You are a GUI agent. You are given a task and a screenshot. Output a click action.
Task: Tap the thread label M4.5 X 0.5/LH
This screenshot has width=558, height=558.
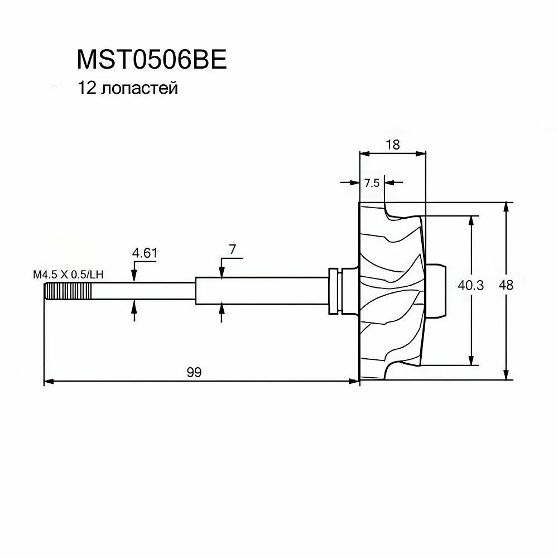(69, 275)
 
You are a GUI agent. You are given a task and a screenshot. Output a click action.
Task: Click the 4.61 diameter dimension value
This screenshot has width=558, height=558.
(145, 253)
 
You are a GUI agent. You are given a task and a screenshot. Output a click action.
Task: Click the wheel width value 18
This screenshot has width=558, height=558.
(393, 145)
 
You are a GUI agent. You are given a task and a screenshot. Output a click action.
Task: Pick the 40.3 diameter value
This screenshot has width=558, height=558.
(471, 285)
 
